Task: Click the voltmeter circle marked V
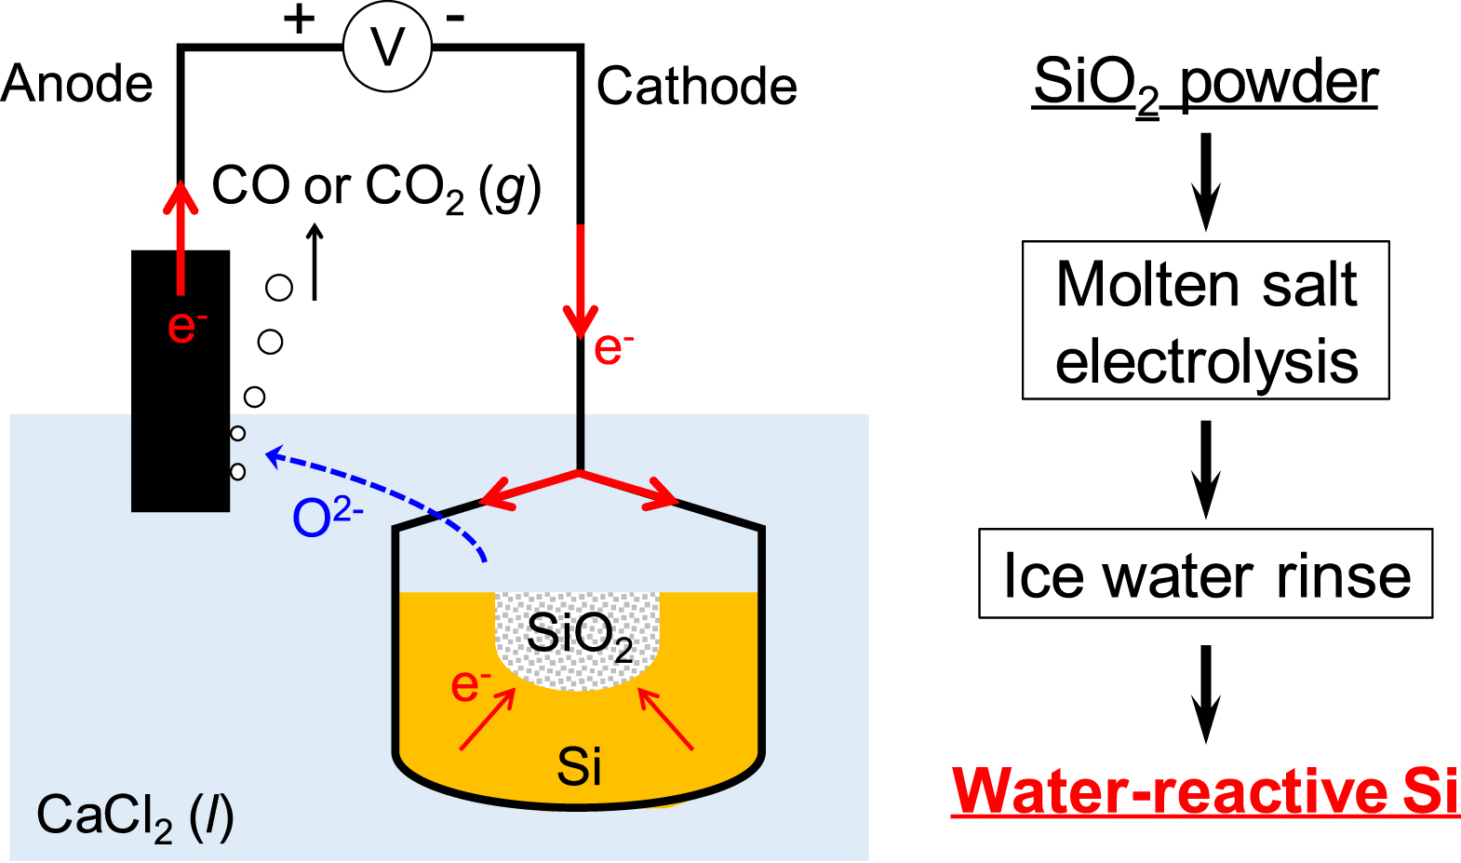[387, 47]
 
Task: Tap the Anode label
[77, 85]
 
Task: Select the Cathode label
[696, 87]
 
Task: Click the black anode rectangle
[180, 419]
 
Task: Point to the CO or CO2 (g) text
[376, 187]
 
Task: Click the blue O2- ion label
[327, 517]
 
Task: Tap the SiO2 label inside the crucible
[579, 635]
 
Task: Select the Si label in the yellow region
[579, 767]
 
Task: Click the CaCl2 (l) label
[135, 816]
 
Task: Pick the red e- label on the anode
[186, 326]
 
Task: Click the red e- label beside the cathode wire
[613, 348]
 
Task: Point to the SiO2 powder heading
[1205, 83]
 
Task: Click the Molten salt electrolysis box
[1205, 320]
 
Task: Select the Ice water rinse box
[1205, 573]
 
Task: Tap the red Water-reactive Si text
[1205, 791]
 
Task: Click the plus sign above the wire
[299, 19]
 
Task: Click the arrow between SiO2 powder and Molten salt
[1206, 182]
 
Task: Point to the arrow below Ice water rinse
[1206, 694]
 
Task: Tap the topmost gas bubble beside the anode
[279, 288]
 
